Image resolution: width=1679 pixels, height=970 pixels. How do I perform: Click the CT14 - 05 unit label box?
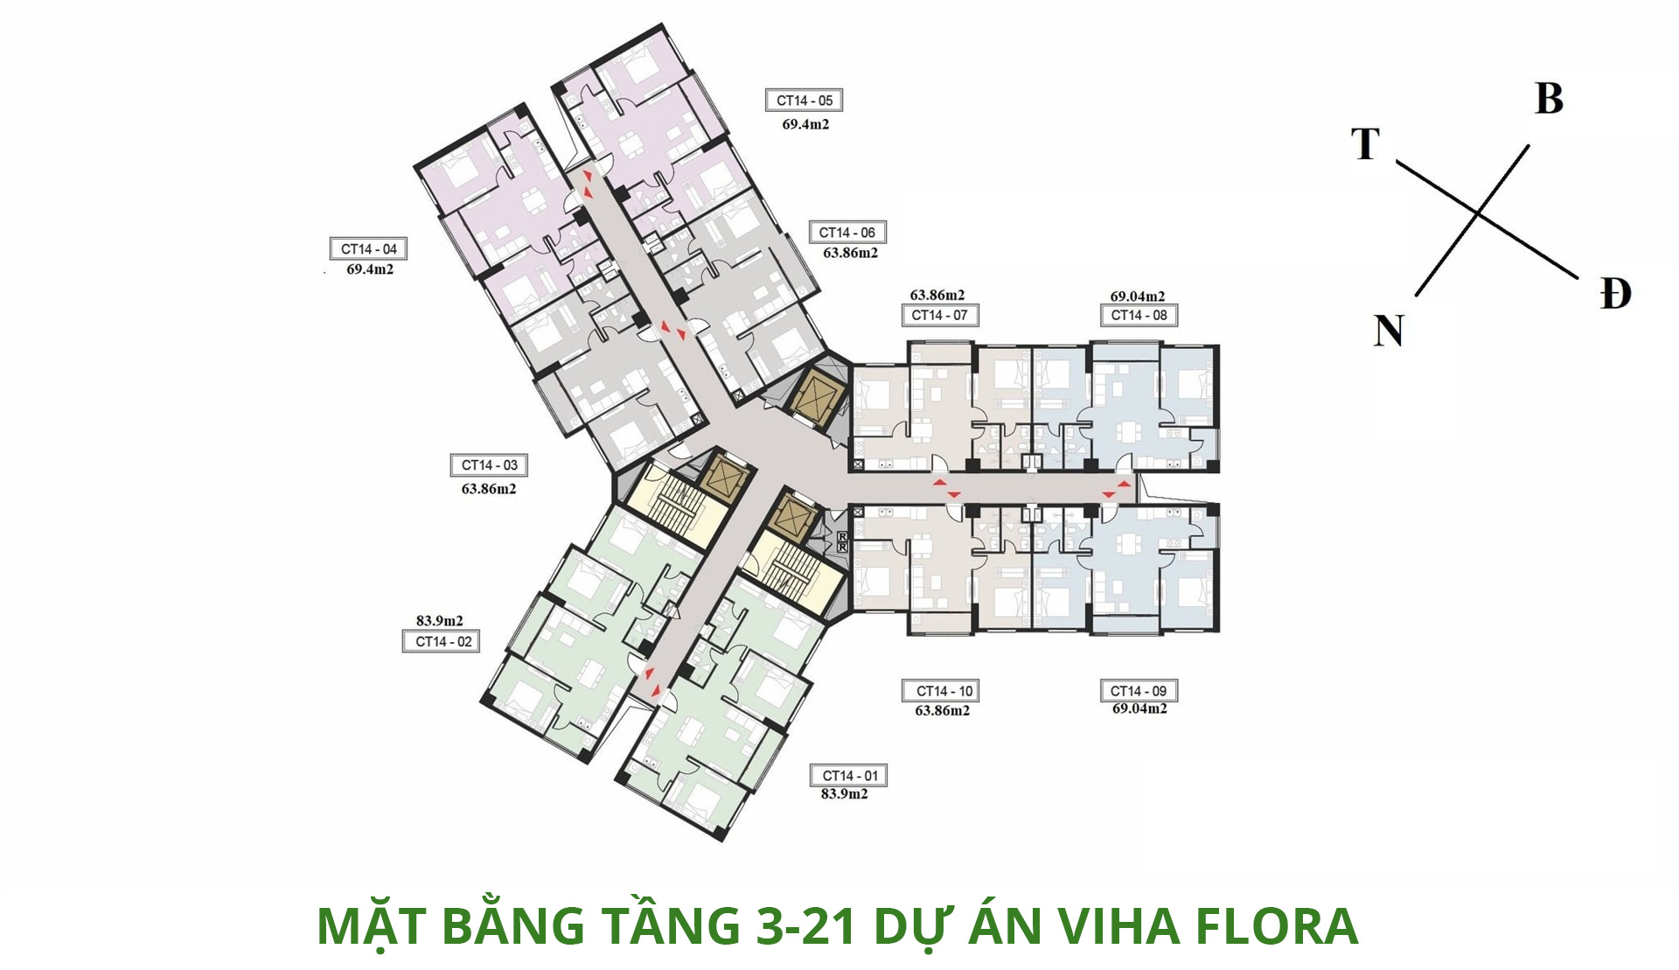[x=804, y=101]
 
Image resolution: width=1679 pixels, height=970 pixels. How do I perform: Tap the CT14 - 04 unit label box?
[x=368, y=248]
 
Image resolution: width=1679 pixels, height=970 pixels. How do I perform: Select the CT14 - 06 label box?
[x=846, y=233]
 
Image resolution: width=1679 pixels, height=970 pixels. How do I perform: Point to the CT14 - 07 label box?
[x=939, y=315]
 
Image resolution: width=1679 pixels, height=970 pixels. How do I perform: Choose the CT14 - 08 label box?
[x=1139, y=315]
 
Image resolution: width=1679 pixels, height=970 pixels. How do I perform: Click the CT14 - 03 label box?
[x=489, y=465]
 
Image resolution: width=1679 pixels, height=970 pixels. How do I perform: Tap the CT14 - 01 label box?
[x=849, y=776]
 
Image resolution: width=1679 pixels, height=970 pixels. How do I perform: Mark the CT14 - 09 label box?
[x=1139, y=691]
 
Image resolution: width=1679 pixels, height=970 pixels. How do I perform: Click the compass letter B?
[x=1549, y=99]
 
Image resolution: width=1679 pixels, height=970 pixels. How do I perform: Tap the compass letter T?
[x=1365, y=143]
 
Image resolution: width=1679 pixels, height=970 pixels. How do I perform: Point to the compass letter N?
[x=1389, y=331]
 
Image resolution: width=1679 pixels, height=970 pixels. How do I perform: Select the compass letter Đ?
[x=1615, y=293]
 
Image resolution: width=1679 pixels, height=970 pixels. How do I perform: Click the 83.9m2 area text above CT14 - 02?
[x=439, y=621]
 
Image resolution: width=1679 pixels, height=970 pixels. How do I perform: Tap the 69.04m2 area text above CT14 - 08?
[x=1137, y=297]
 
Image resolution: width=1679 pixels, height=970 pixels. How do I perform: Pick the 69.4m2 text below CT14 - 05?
[x=805, y=124]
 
